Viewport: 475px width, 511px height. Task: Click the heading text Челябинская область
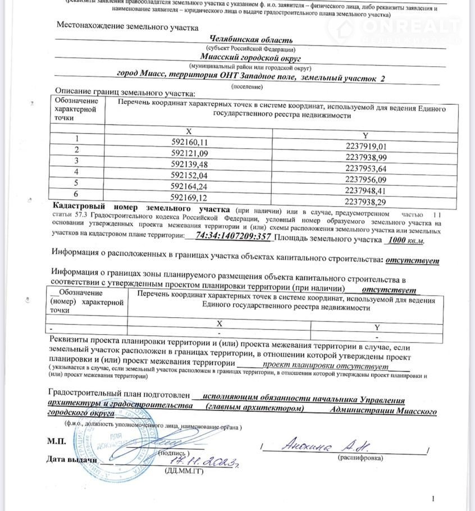tap(250, 40)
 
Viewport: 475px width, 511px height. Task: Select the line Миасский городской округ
tap(250, 57)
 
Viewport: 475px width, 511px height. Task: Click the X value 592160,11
tap(189, 142)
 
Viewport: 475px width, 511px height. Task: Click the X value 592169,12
tap(189, 198)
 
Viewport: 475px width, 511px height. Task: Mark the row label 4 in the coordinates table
tap(76, 171)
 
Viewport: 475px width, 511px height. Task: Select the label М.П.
tap(56, 441)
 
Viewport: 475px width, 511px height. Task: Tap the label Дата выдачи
tap(72, 460)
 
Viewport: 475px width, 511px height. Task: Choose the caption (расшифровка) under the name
tap(360, 458)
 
